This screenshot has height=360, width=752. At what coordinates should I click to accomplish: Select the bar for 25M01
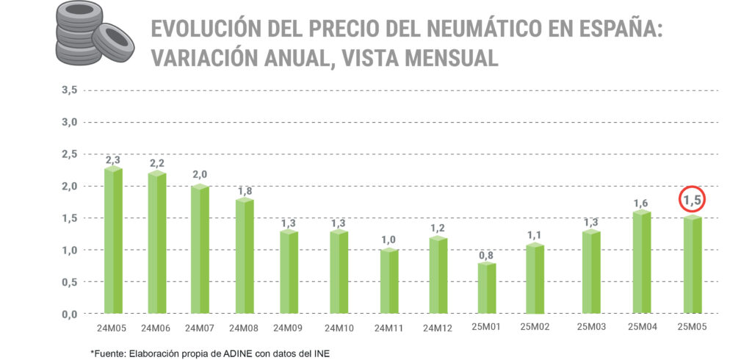[487, 288]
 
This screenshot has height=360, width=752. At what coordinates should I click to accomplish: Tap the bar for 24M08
[245, 256]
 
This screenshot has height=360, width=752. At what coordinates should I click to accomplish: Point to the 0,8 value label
[485, 255]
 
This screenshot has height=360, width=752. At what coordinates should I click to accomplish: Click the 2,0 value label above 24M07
[200, 174]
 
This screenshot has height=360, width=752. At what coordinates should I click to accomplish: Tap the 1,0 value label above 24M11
[389, 239]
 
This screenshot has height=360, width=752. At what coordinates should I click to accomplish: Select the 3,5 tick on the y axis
[70, 90]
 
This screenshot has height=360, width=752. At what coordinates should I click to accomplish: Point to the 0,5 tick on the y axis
[70, 282]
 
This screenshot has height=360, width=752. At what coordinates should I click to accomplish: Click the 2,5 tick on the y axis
[70, 154]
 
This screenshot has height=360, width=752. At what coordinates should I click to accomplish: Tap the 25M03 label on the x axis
[591, 328]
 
